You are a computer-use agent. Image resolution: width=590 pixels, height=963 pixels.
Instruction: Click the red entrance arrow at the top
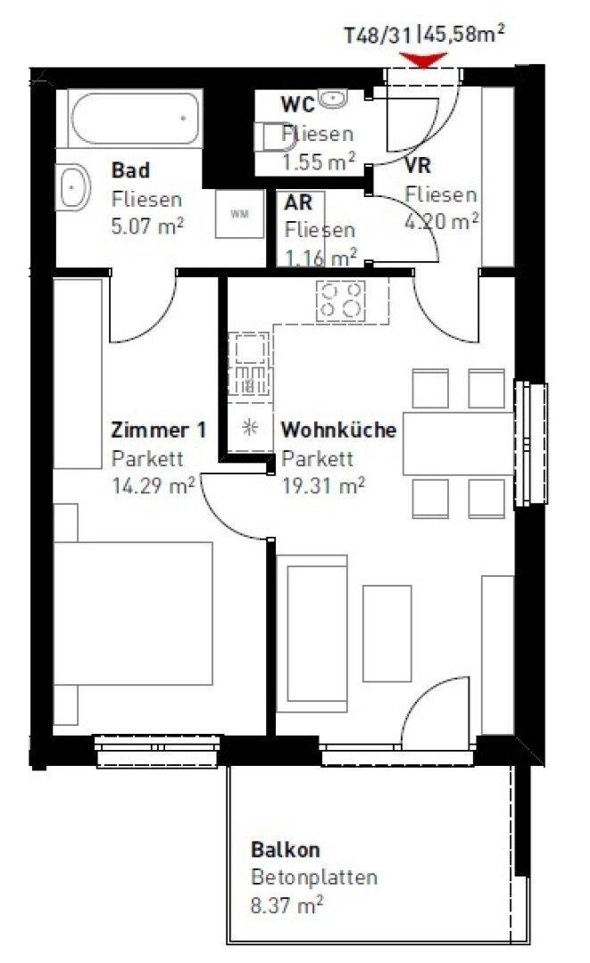423,60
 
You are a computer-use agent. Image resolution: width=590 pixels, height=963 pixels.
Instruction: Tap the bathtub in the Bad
137,119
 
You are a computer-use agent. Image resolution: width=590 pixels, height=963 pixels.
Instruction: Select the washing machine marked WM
239,214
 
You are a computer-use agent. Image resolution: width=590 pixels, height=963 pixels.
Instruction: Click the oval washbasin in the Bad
74,186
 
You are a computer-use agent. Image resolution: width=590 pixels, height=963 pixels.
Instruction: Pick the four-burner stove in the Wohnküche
340,301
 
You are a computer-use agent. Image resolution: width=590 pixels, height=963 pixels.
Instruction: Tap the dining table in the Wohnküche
458,443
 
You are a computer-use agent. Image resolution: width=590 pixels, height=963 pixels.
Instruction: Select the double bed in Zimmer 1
133,613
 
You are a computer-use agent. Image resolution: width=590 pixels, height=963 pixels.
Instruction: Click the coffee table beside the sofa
386,633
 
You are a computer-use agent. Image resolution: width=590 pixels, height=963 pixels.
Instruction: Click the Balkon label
286,850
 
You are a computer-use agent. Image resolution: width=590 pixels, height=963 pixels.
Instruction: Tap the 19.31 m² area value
323,486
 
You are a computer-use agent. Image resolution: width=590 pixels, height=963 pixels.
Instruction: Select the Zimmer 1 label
159,430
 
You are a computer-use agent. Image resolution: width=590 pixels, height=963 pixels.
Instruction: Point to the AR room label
298,202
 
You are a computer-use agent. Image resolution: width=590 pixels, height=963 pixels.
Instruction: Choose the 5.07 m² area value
147,226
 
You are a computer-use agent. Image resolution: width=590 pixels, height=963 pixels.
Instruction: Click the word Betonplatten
314,877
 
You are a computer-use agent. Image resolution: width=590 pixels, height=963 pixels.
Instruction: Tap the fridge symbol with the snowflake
250,428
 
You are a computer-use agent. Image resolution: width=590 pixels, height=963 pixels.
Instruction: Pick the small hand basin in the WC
333,98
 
